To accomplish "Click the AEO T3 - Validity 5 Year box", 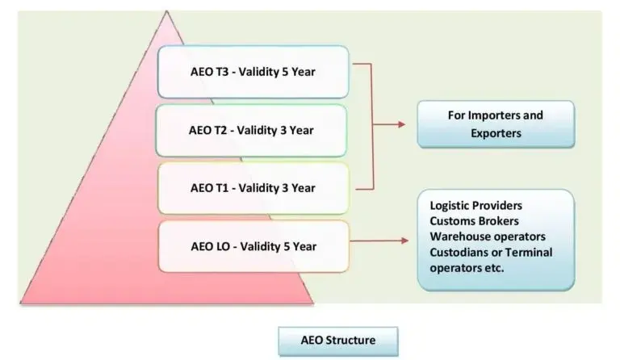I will pos(253,72).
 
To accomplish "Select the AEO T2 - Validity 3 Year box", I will pos(253,130).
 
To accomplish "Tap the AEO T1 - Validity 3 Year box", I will pos(253,188).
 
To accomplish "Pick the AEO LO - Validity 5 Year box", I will pos(253,246).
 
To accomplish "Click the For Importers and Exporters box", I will pos(496,124).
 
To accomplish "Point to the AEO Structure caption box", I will pos(337,341).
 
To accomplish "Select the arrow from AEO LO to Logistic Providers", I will pos(379,240).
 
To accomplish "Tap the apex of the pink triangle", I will pos(166,12).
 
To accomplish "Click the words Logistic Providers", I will pos(475,206).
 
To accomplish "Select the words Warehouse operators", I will pos(488,237).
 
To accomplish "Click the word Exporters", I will pos(496,133).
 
